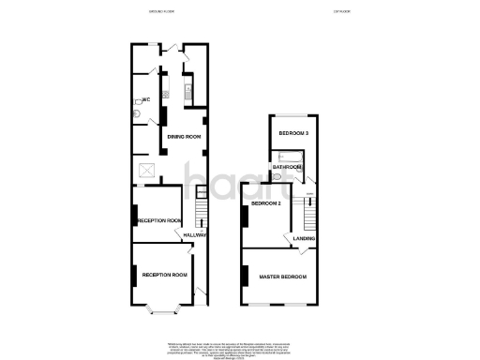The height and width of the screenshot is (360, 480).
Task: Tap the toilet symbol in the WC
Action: [x=137, y=113]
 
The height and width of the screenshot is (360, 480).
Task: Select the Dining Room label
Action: [x=185, y=137]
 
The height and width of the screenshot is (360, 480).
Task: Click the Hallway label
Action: [x=195, y=234]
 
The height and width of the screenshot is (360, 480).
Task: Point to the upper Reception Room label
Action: [x=159, y=221]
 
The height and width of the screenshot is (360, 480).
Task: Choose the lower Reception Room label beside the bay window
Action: [x=165, y=275]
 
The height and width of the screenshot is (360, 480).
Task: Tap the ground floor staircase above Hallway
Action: [x=200, y=202]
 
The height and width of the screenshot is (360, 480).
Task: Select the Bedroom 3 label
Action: [x=293, y=134]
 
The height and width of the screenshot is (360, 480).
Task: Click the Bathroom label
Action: [x=287, y=167]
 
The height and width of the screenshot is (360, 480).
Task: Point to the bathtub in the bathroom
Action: [x=292, y=156]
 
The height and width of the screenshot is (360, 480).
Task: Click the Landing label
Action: [x=304, y=238]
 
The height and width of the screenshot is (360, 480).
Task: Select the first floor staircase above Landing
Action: [x=307, y=211]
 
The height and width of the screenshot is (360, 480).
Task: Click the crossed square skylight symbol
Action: [x=147, y=170]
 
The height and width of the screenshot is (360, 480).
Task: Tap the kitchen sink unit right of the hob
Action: [x=187, y=92]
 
